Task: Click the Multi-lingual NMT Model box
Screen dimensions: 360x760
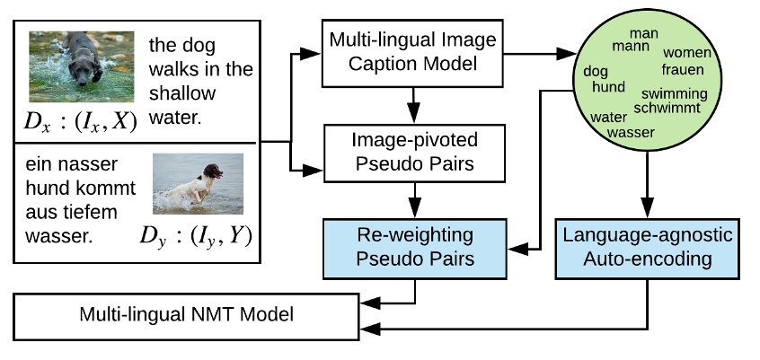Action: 187,315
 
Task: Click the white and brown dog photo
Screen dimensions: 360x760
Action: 197,185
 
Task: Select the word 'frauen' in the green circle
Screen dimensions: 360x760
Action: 684,69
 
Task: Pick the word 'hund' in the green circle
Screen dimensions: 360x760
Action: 608,86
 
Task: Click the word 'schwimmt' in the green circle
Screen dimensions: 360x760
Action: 670,107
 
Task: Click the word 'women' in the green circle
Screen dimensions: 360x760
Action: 686,54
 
